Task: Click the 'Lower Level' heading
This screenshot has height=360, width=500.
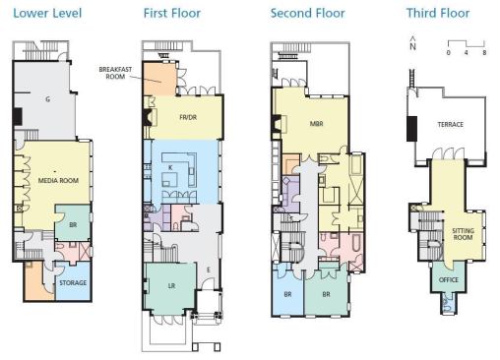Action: click(47, 14)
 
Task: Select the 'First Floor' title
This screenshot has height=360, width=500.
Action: click(172, 14)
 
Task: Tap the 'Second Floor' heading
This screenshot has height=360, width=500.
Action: click(308, 14)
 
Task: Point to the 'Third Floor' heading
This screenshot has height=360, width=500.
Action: click(438, 14)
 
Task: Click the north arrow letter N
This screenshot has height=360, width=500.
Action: click(412, 46)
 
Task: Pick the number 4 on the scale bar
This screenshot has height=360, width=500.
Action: click(467, 52)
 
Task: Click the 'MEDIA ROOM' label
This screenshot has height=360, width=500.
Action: click(58, 180)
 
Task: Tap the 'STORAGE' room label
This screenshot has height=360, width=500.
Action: click(73, 282)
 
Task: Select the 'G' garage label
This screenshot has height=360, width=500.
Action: click(48, 99)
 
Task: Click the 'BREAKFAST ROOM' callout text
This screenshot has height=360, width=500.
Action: click(115, 73)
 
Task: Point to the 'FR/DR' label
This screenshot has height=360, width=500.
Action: click(188, 117)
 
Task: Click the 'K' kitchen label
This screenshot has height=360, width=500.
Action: click(170, 168)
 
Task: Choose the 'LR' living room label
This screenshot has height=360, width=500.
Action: click(171, 286)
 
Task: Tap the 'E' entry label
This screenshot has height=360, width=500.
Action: click(209, 270)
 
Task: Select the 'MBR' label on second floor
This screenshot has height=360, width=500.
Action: click(316, 124)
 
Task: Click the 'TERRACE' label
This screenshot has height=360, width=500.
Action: click(450, 124)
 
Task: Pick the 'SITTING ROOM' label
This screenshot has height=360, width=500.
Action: click(463, 234)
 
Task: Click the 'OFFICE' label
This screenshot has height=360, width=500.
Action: click(449, 279)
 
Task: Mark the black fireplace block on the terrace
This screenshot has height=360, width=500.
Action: click(411, 129)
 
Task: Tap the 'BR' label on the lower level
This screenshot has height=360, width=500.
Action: click(73, 225)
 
